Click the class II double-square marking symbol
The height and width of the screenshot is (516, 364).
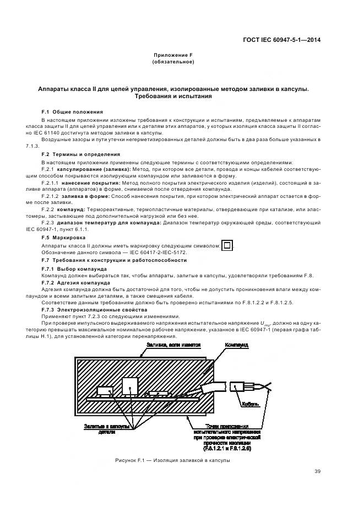tap(226, 246)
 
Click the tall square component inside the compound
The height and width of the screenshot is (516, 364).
tap(130, 386)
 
